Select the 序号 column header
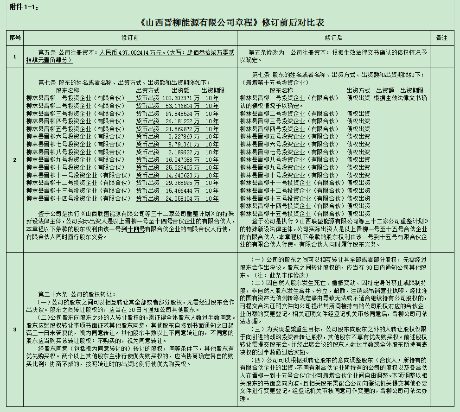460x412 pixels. pos(15,38)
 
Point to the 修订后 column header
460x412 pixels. pos(333,38)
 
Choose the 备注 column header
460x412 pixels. pos(442,38)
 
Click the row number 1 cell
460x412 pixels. pos(15,57)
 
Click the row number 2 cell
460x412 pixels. pos(15,160)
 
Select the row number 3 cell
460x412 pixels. pos(15,330)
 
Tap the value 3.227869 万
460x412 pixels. pos(185,137)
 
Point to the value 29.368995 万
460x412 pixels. pos(181,183)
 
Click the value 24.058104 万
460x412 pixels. pos(181,198)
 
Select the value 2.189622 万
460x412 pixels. pos(185,152)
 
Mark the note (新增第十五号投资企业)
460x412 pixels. pos(274,82)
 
